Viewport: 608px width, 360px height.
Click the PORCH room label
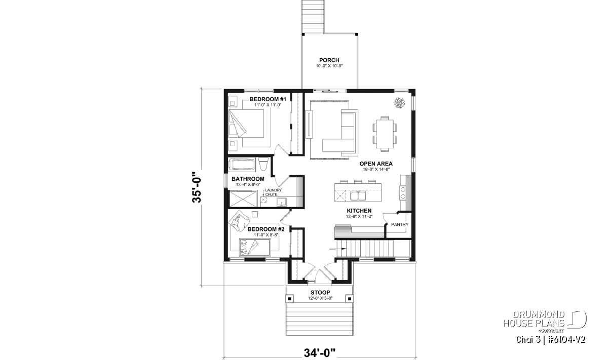[329, 60]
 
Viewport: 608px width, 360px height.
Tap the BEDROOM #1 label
[264, 99]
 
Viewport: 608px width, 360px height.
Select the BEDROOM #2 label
[266, 229]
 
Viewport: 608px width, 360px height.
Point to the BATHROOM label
[248, 179]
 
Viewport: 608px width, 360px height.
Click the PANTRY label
[400, 225]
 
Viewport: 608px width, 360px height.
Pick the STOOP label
[320, 293]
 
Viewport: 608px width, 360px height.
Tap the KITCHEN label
[359, 211]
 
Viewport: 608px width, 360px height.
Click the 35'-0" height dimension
[197, 187]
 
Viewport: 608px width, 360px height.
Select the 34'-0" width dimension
[320, 353]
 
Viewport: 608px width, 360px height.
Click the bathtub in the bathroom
[242, 165]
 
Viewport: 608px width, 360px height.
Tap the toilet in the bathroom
[263, 165]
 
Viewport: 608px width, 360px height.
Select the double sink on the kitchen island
[358, 196]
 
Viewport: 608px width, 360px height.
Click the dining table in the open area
[385, 134]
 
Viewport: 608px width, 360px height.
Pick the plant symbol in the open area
[399, 103]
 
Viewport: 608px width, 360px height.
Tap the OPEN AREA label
[376, 164]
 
